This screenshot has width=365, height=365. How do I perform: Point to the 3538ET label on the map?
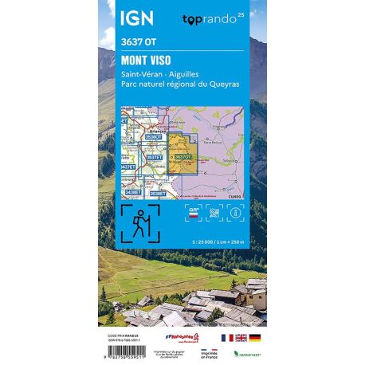[158, 193]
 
